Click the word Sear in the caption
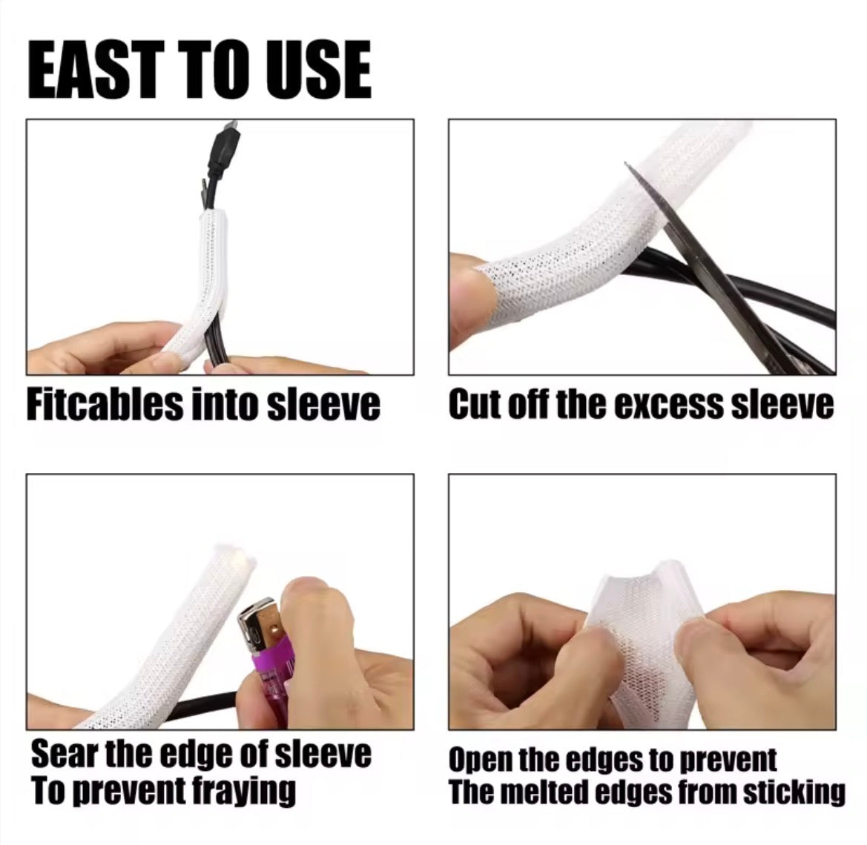coord(64,755)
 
